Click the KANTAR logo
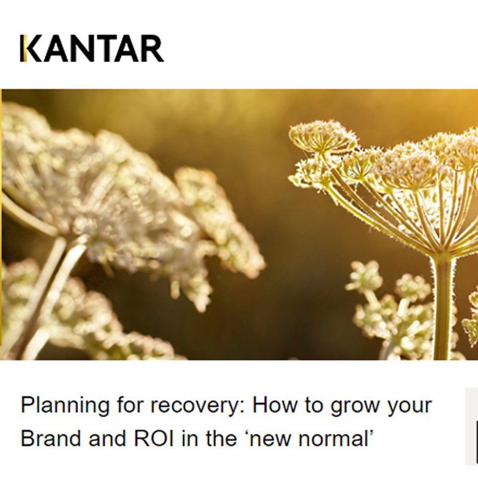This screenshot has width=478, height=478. click(x=91, y=49)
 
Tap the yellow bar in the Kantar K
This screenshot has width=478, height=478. click(x=22, y=49)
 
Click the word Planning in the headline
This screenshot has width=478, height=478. click(x=54, y=406)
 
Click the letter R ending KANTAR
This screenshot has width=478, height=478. click(x=152, y=49)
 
